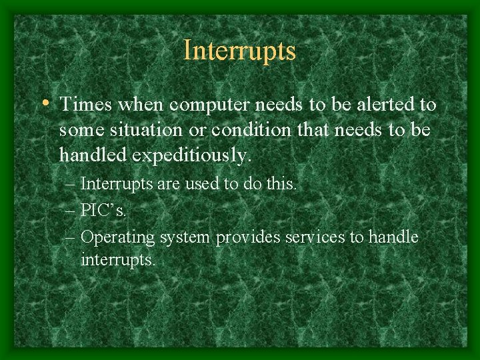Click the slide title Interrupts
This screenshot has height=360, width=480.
[239, 51]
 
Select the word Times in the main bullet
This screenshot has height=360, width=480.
[83, 105]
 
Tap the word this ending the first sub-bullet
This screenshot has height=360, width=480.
[278, 183]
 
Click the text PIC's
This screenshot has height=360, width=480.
[103, 210]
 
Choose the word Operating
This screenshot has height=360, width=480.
[117, 237]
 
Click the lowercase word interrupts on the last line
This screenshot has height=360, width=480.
[118, 259]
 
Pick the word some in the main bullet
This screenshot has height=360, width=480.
[79, 130]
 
